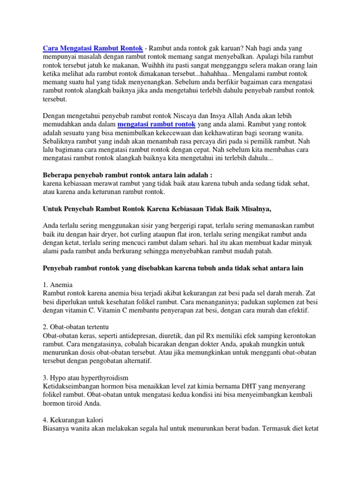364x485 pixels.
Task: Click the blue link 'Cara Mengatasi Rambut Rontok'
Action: tap(94, 48)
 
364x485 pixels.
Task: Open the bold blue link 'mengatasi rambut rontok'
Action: tap(156, 125)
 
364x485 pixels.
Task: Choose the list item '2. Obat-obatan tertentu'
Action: tap(76, 327)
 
